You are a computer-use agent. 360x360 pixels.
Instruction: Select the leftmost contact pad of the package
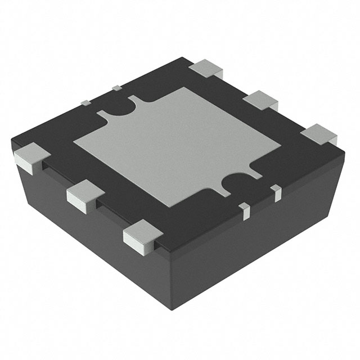28,156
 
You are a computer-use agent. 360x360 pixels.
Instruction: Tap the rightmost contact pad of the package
319,134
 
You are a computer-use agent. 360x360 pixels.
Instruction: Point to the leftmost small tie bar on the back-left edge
86,102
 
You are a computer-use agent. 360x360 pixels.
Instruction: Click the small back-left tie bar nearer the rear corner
116,87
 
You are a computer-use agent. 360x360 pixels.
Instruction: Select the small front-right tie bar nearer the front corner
244,211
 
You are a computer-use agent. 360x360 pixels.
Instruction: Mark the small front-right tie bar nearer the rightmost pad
276,193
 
